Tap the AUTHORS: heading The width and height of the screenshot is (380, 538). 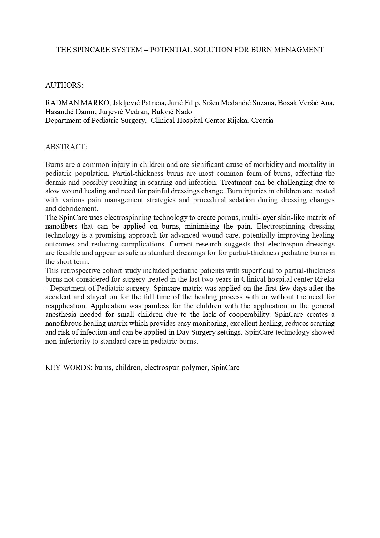(64, 85)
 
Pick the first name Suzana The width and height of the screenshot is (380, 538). (264, 103)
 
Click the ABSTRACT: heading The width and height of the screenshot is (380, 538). (66, 147)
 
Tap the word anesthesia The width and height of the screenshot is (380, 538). (60, 315)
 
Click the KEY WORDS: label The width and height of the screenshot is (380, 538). (69, 368)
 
